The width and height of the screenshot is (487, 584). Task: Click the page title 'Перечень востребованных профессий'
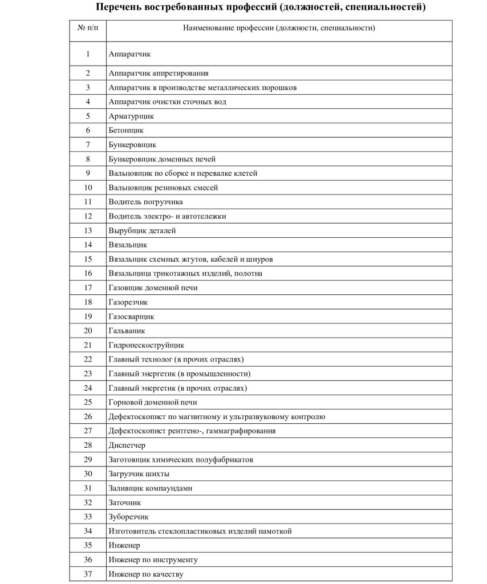[x=260, y=8]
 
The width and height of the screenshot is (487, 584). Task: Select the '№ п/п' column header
[x=88, y=28]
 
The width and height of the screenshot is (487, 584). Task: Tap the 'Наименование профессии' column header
[x=279, y=28]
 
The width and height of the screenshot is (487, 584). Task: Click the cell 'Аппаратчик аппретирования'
[x=159, y=73]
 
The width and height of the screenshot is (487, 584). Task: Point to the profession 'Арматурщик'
[x=131, y=116]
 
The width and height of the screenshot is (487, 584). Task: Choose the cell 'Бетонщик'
[x=126, y=130]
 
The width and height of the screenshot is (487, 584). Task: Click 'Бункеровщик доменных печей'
[x=162, y=159]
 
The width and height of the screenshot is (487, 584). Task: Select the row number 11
[x=88, y=202]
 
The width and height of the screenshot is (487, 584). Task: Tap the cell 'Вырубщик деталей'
[x=142, y=230]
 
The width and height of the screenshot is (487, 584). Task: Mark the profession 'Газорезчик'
[x=128, y=302]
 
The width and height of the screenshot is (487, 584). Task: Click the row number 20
[x=88, y=331]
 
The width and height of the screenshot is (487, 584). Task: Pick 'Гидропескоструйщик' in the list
[x=147, y=345]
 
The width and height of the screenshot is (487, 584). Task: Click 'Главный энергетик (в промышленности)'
[x=180, y=374]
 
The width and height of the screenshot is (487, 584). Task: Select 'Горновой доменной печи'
[x=153, y=402]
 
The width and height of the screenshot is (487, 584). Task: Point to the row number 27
[x=88, y=431]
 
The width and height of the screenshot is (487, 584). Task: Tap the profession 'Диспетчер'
[x=127, y=445]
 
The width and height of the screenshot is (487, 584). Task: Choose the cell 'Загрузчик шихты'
[x=139, y=474]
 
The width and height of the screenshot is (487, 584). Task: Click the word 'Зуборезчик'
[x=128, y=517]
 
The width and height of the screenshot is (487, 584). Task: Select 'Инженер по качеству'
[x=145, y=574]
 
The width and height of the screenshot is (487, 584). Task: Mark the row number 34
[x=88, y=531]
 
